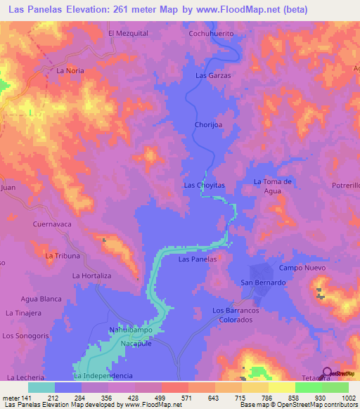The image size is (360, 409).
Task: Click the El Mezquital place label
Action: [x=127, y=33]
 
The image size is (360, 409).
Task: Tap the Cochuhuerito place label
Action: [x=211, y=33]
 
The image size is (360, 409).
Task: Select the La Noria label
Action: [x=70, y=71]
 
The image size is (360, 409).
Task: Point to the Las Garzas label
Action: [x=213, y=75]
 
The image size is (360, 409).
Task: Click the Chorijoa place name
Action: [x=208, y=125]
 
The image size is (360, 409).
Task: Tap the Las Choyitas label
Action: [x=204, y=185]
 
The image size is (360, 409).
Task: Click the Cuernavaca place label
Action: [x=53, y=224]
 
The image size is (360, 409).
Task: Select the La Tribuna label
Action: [x=62, y=256]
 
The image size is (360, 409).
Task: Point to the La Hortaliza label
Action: [x=92, y=276]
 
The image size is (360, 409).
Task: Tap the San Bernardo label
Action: [x=263, y=283]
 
